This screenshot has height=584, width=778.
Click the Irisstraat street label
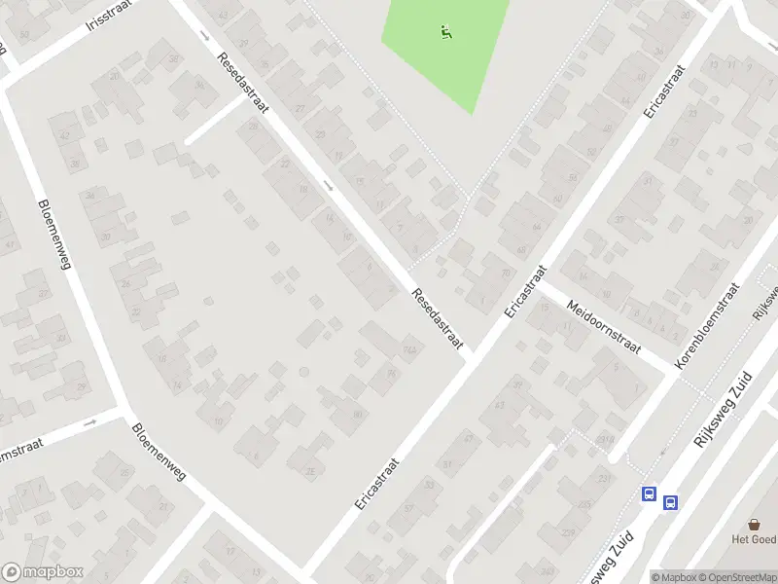pyautogui.click(x=108, y=19)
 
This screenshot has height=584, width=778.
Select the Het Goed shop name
pyautogui.click(x=754, y=538)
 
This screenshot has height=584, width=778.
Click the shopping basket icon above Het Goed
pyautogui.click(x=754, y=523)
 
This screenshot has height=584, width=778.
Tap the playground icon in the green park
pyautogui.click(x=446, y=32)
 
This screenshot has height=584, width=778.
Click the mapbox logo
pyautogui.click(x=41, y=573)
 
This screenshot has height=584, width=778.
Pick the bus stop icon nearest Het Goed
pyautogui.click(x=670, y=502)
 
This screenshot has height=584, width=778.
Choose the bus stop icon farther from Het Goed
pyautogui.click(x=649, y=493)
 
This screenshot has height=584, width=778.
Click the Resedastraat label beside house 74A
pyautogui.click(x=437, y=319)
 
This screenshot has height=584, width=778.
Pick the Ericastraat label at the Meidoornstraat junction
pyautogui.click(x=525, y=290)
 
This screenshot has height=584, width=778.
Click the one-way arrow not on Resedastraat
pyautogui.click(x=91, y=423)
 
